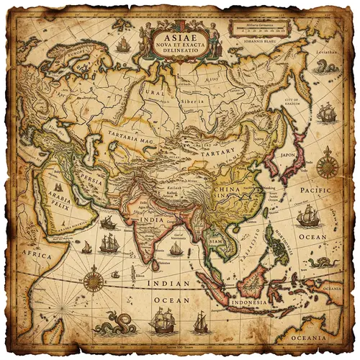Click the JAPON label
pyautogui.click(x=288, y=153)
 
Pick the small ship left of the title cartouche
pyautogui.click(x=123, y=45)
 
